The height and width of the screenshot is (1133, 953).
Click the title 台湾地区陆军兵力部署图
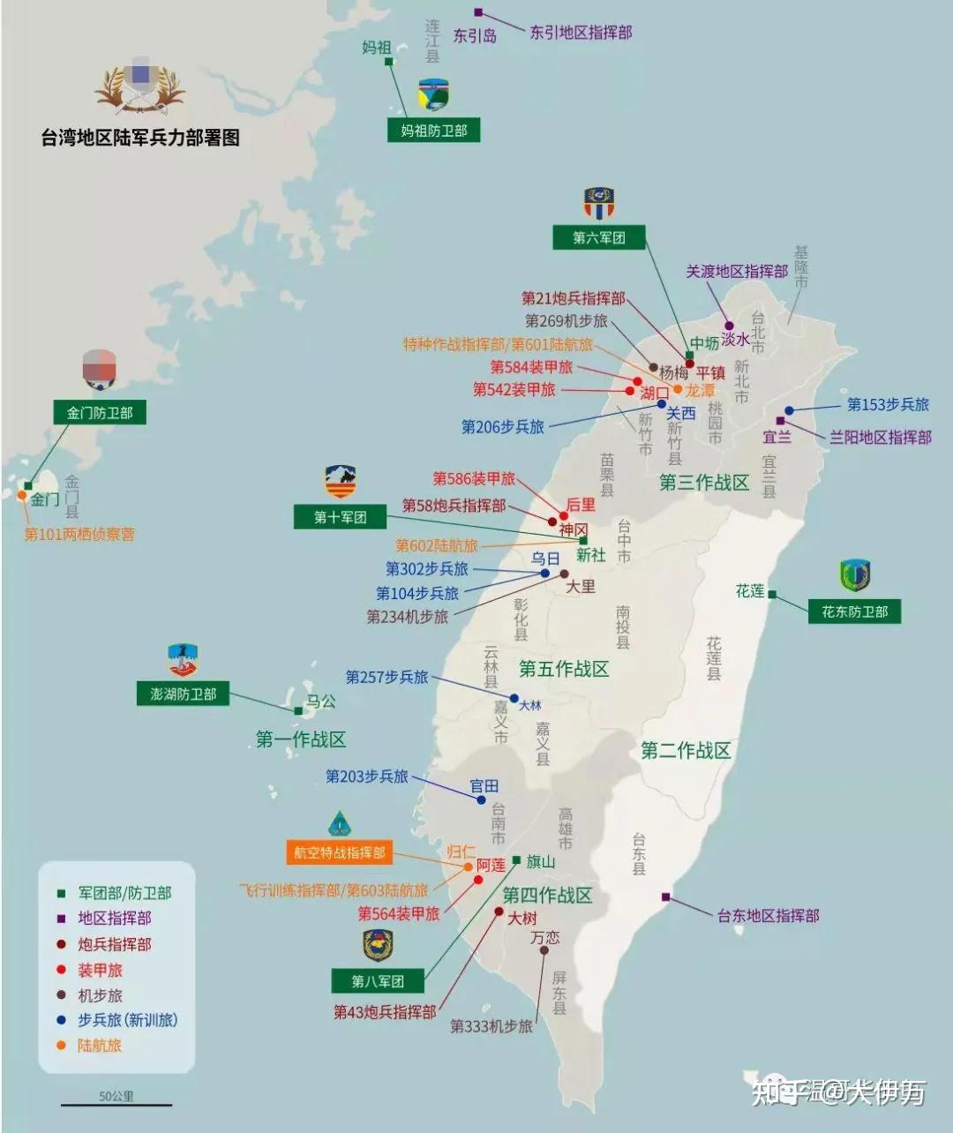pyautogui.click(x=140, y=138)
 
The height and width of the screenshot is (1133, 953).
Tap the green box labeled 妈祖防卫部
pyautogui.click(x=433, y=131)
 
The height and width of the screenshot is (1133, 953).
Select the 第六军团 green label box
pyautogui.click(x=598, y=236)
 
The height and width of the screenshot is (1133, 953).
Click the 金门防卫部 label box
pyautogui.click(x=99, y=412)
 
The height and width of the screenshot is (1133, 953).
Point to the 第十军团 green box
pyautogui.click(x=340, y=517)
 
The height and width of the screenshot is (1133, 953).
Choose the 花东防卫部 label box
pyautogui.click(x=854, y=611)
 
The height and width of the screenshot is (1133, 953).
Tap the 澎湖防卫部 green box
pyautogui.click(x=183, y=694)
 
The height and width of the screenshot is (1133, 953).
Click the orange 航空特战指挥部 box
pyautogui.click(x=340, y=852)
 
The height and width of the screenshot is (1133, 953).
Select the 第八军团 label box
pyautogui.click(x=378, y=980)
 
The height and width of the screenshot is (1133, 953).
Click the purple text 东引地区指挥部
pyautogui.click(x=581, y=33)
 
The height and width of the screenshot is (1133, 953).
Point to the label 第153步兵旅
pyautogui.click(x=888, y=404)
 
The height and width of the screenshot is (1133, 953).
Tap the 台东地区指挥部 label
pyautogui.click(x=768, y=915)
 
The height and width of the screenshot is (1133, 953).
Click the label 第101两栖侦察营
pyautogui.click(x=79, y=534)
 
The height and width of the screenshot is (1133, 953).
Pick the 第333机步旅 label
pyautogui.click(x=491, y=1026)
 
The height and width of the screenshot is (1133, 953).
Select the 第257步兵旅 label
pyautogui.click(x=386, y=677)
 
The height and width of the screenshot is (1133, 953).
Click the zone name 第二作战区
pyautogui.click(x=686, y=750)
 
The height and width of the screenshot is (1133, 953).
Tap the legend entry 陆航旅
pyautogui.click(x=99, y=1045)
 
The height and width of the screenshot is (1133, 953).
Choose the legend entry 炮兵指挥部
pyautogui.click(x=114, y=944)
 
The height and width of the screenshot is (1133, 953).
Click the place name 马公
pyautogui.click(x=320, y=702)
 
